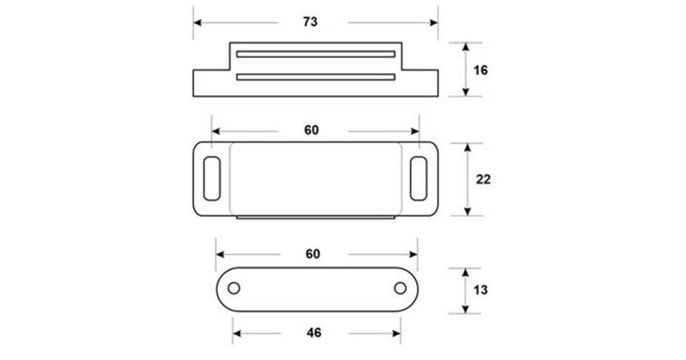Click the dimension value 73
click(x=310, y=22)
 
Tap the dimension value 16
click(x=481, y=70)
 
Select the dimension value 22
click(x=483, y=179)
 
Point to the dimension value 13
click(x=481, y=290)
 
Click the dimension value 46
click(x=314, y=333)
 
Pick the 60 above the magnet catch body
click(x=312, y=130)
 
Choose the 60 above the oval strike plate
click(x=313, y=254)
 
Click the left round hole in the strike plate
click(x=234, y=289)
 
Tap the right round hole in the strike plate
click(x=400, y=289)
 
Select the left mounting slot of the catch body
click(x=212, y=179)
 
